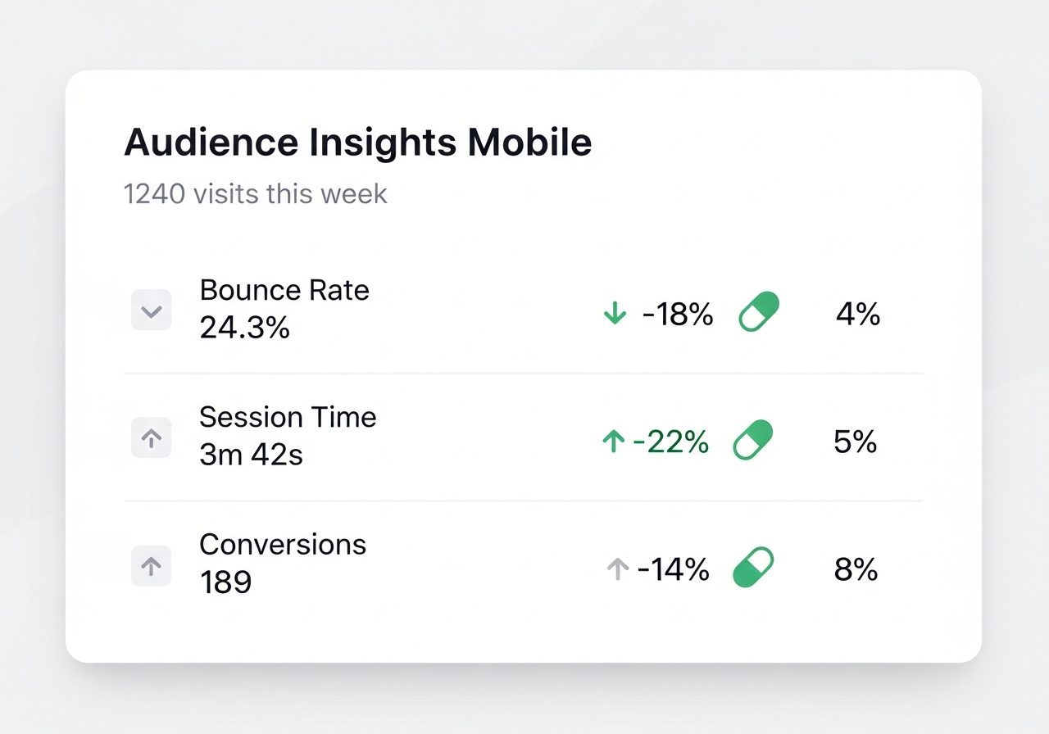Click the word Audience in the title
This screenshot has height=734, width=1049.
point(211,142)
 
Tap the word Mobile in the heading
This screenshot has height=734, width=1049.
point(529,142)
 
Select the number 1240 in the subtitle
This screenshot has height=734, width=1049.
point(155,194)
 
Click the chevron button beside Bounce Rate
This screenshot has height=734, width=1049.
point(152,310)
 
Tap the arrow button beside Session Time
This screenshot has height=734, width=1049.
point(152,437)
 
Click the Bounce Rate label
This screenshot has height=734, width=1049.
point(284,290)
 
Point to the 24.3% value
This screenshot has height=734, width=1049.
point(244,327)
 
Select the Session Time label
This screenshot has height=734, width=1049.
point(288,417)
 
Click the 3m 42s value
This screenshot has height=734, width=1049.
point(251,455)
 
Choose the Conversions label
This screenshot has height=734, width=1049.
point(283,545)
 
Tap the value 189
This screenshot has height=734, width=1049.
point(225,582)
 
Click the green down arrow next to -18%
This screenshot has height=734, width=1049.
point(615,313)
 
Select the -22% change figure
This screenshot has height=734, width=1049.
point(670,442)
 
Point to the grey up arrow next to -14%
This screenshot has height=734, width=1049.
point(618,569)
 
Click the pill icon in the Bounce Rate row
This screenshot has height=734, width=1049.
point(759,311)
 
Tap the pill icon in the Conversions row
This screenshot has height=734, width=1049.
point(753,567)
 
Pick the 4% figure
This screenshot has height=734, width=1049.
point(858,314)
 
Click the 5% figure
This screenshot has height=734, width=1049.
point(855,442)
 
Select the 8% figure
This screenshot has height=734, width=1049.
point(856,569)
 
